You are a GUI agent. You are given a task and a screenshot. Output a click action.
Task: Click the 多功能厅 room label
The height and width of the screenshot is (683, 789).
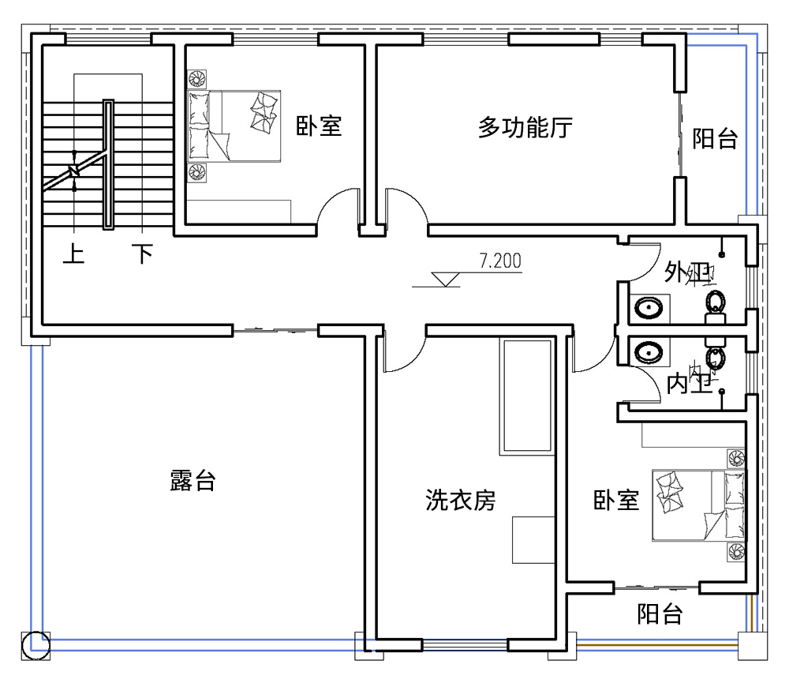(525, 127)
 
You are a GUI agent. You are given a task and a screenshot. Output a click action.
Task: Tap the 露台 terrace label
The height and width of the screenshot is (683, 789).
(193, 480)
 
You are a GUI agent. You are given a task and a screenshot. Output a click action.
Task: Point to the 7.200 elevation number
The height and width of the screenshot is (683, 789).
(500, 261)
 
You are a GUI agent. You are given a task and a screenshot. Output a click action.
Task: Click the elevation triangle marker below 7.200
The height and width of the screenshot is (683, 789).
(447, 279)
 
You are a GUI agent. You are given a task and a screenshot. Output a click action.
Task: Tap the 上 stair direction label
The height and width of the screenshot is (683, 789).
(73, 254)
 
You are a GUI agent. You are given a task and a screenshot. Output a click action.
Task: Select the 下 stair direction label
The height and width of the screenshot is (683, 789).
(142, 254)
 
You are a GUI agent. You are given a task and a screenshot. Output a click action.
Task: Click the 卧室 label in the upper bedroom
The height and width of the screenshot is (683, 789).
(319, 126)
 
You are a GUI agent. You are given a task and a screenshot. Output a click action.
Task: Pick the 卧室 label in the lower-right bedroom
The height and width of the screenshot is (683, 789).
(616, 500)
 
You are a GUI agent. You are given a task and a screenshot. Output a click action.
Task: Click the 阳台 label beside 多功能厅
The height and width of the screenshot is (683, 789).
(715, 140)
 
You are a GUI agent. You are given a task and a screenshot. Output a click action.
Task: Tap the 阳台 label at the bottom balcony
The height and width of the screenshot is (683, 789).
(660, 614)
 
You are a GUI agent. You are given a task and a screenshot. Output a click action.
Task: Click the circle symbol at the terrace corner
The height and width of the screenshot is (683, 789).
(36, 644)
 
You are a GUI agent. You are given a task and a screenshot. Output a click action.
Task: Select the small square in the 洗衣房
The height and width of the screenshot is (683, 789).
(533, 540)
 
